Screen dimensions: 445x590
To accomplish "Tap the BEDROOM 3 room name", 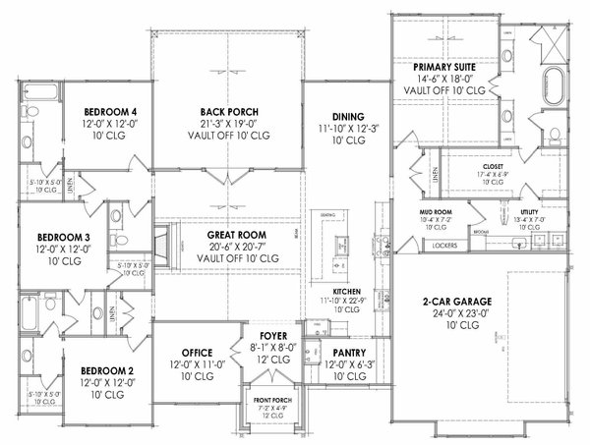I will pyautogui.click(x=65, y=237).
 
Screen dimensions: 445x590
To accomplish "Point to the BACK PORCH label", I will pyautogui.click(x=228, y=112).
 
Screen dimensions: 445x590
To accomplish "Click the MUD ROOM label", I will pyautogui.click(x=434, y=210).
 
